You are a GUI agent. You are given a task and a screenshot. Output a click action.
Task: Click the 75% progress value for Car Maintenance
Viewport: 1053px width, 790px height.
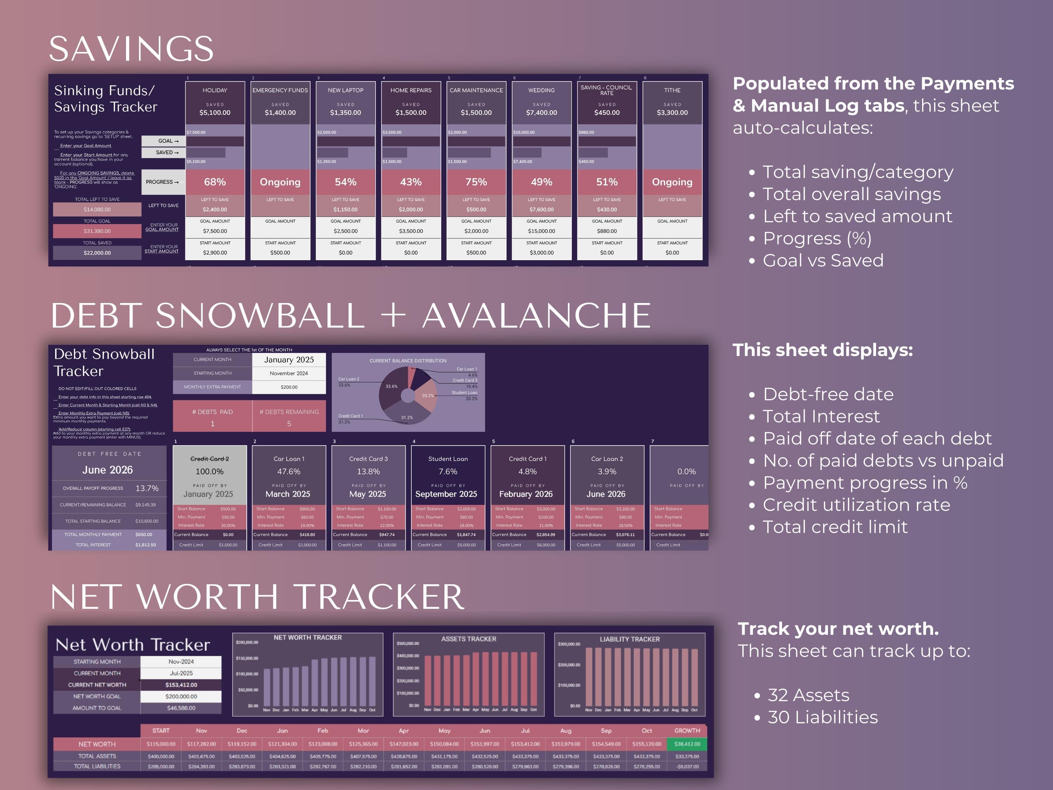click(x=476, y=182)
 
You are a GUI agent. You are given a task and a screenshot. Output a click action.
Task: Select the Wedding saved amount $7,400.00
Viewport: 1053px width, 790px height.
click(x=541, y=113)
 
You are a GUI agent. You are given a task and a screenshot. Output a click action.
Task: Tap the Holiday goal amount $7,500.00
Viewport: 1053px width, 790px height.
click(x=215, y=231)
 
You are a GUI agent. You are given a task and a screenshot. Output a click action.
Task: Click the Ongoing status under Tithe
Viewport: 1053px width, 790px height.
click(x=672, y=182)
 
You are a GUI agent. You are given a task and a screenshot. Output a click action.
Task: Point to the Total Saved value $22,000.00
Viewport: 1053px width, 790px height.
click(x=97, y=253)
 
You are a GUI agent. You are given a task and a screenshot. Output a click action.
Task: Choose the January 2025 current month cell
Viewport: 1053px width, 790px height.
click(x=289, y=360)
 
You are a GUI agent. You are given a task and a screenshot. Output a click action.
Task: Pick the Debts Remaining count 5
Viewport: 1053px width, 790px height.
click(x=289, y=424)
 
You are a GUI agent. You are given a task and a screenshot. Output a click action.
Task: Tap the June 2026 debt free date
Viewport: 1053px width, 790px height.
click(x=108, y=470)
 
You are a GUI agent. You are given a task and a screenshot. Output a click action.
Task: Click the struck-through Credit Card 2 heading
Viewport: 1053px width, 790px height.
click(x=210, y=459)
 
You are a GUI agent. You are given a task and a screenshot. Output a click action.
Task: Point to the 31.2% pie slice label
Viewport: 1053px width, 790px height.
click(x=407, y=417)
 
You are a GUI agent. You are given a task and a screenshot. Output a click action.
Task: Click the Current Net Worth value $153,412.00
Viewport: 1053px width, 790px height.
click(x=181, y=685)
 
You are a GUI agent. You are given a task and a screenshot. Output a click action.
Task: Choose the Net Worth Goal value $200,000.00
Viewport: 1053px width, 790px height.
click(x=181, y=696)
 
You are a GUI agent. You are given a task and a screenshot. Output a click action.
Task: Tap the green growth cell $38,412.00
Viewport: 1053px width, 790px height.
click(x=687, y=744)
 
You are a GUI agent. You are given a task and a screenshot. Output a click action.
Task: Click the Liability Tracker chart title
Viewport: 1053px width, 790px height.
click(x=629, y=639)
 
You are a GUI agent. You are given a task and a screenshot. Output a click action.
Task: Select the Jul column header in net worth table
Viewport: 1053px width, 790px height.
click(x=525, y=730)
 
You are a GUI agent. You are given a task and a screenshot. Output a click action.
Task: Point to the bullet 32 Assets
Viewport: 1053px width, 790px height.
click(x=808, y=695)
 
